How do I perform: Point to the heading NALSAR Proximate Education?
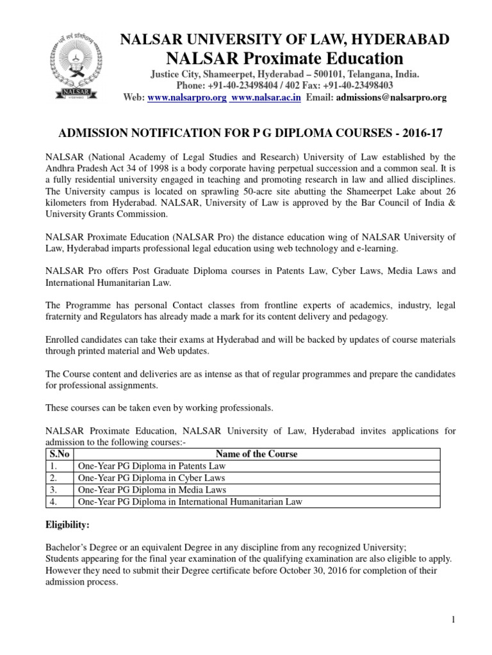click(285, 59)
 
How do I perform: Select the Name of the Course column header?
click(257, 454)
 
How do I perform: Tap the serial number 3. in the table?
click(54, 490)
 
